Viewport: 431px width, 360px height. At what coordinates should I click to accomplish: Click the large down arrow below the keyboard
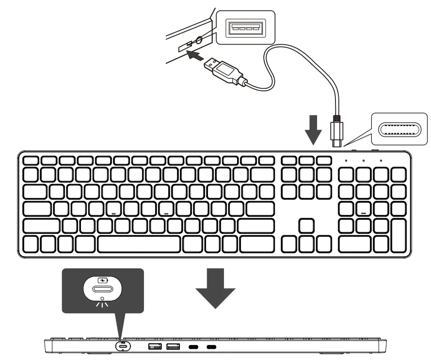point(215,291)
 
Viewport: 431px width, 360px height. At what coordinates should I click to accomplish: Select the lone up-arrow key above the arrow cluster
point(306,226)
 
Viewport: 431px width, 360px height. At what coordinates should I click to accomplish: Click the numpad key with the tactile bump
point(364,209)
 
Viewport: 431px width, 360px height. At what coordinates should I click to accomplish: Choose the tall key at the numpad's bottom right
point(398,235)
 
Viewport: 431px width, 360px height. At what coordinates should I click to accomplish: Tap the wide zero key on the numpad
point(354,244)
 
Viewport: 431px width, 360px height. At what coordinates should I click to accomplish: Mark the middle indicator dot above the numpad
point(363,161)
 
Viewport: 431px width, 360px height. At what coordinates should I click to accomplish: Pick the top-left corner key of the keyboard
point(31,160)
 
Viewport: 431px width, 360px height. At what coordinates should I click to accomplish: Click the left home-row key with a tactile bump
point(114,209)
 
